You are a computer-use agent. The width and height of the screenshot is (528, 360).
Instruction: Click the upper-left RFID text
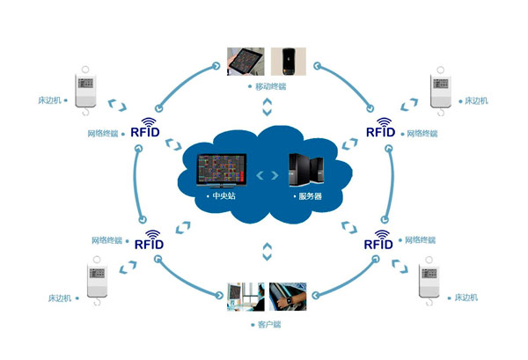click(x=145, y=135)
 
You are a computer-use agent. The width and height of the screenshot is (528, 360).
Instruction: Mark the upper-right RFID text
click(x=380, y=135)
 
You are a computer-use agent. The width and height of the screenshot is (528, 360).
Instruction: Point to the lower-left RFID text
click(x=149, y=245)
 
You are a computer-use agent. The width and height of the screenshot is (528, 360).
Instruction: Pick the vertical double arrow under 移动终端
click(x=267, y=107)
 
